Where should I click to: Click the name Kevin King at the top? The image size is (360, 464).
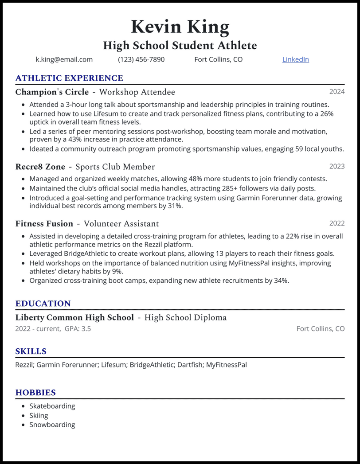pyautogui.click(x=180, y=27)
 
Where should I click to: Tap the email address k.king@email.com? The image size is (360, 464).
pyautogui.click(x=64, y=59)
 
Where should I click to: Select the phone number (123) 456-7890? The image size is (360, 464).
pyautogui.click(x=141, y=59)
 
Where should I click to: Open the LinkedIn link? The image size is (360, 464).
pyautogui.click(x=295, y=59)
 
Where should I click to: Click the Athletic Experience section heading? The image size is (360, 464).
pyautogui.click(x=69, y=78)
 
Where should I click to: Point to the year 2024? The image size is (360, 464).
pyautogui.click(x=337, y=92)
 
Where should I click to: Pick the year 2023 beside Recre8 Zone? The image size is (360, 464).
pyautogui.click(x=337, y=166)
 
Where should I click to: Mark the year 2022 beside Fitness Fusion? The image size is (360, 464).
pyautogui.click(x=337, y=223)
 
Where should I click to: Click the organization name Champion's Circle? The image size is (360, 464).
pyautogui.click(x=52, y=92)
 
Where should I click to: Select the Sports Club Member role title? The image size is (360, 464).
pyautogui.click(x=115, y=167)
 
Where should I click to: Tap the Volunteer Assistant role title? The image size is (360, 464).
pyautogui.click(x=121, y=224)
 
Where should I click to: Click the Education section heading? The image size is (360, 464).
pyautogui.click(x=43, y=304)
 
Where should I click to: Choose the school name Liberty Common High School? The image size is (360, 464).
pyautogui.click(x=74, y=318)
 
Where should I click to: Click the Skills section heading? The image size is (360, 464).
pyautogui.click(x=31, y=351)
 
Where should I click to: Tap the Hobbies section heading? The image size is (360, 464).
pyautogui.click(x=35, y=393)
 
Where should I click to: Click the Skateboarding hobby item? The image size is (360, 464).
pyautogui.click(x=52, y=406)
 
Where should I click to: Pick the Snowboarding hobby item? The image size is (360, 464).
pyautogui.click(x=52, y=425)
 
